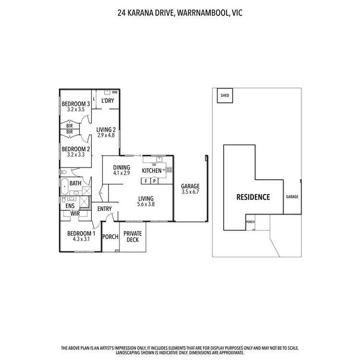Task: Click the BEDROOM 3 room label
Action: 76,104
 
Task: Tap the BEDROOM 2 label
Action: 76,149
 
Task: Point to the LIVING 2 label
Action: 106,129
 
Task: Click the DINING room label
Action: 122,167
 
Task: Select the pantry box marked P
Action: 154,181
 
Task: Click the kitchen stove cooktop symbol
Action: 168,169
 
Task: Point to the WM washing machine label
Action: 114,92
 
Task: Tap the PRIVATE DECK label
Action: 133,237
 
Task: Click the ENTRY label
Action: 104,209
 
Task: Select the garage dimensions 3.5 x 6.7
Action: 190,192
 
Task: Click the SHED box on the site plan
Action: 225,96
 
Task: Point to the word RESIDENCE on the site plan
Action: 253,197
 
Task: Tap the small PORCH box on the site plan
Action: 250,222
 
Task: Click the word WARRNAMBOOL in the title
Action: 205,13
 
